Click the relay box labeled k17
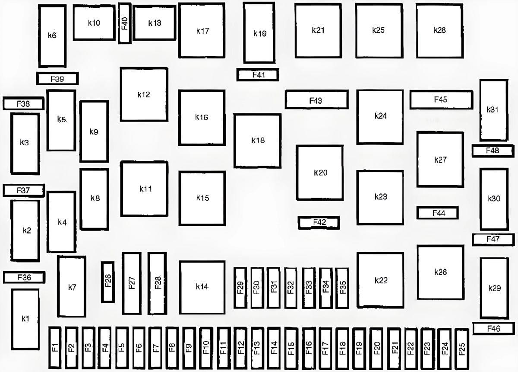click(x=202, y=30)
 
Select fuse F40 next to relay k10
click(x=125, y=23)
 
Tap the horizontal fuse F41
click(x=258, y=75)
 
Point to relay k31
click(x=494, y=110)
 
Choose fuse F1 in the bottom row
click(x=55, y=348)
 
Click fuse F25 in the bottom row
click(x=461, y=349)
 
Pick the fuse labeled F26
click(x=108, y=282)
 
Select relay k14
click(x=202, y=287)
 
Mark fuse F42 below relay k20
click(x=319, y=223)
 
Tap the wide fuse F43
click(x=316, y=99)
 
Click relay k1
click(x=25, y=319)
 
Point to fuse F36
click(x=24, y=277)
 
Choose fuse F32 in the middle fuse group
click(x=291, y=288)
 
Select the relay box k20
click(x=320, y=173)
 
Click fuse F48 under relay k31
click(x=493, y=151)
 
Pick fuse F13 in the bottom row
click(x=257, y=348)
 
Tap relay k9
click(x=94, y=131)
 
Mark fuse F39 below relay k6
click(x=57, y=79)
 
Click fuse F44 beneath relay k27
click(x=438, y=213)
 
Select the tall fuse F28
click(x=157, y=283)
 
